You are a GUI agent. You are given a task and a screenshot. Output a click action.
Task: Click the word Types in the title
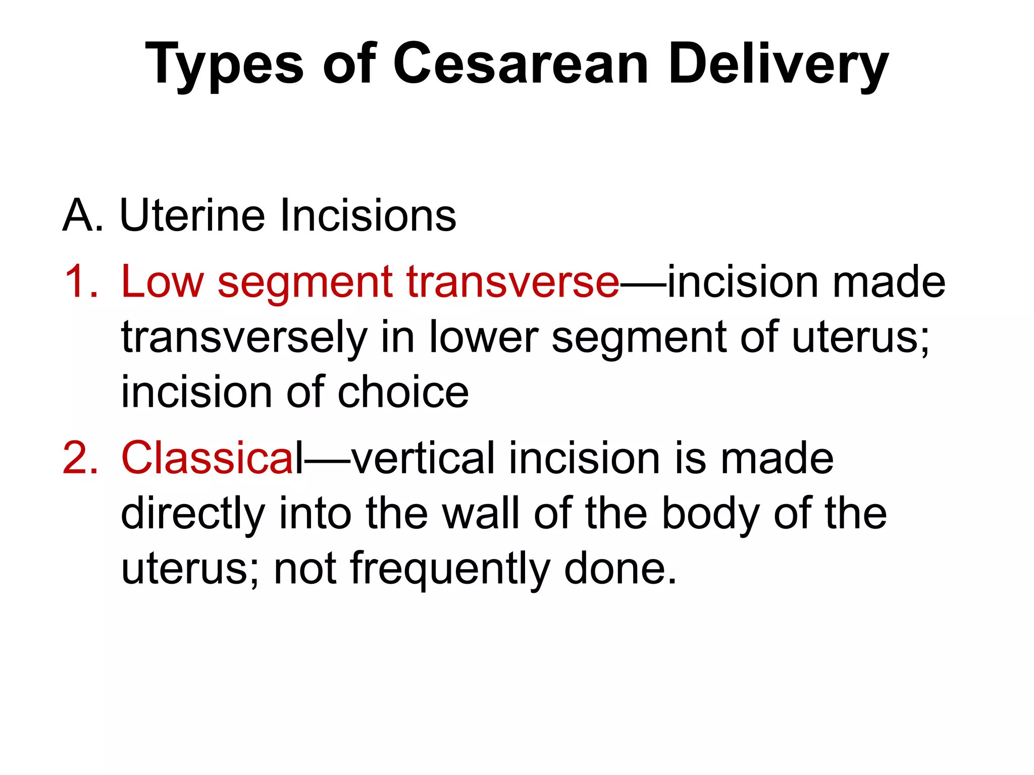pos(224,66)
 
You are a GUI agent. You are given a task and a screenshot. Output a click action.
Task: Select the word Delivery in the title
pos(778,66)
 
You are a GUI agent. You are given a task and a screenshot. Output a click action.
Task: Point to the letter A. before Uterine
pos(83,216)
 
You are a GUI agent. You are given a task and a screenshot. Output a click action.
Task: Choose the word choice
pos(403,393)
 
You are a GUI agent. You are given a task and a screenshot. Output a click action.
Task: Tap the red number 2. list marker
pos(81,458)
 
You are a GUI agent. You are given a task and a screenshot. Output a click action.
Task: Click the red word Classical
pos(212,458)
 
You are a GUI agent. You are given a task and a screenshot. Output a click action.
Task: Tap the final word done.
pos(620,569)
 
